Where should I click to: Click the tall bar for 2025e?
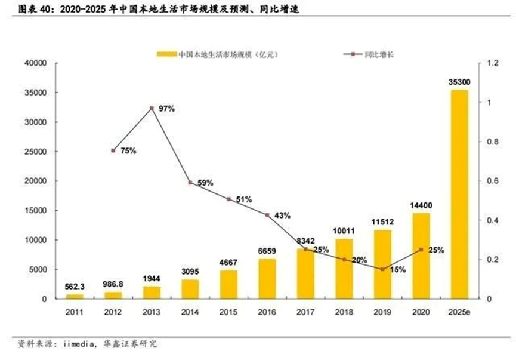pos(459,194)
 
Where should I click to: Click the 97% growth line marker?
pos(152,108)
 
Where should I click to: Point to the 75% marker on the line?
pos(113,151)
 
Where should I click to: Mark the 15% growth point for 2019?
pos(382,269)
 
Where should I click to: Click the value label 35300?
pos(459,81)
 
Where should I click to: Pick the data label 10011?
pos(344,230)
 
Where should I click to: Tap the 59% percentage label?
pos(205,183)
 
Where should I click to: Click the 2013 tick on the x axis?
pos(152,311)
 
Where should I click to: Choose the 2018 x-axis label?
pos(344,311)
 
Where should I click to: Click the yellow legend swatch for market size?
pos(167,54)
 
